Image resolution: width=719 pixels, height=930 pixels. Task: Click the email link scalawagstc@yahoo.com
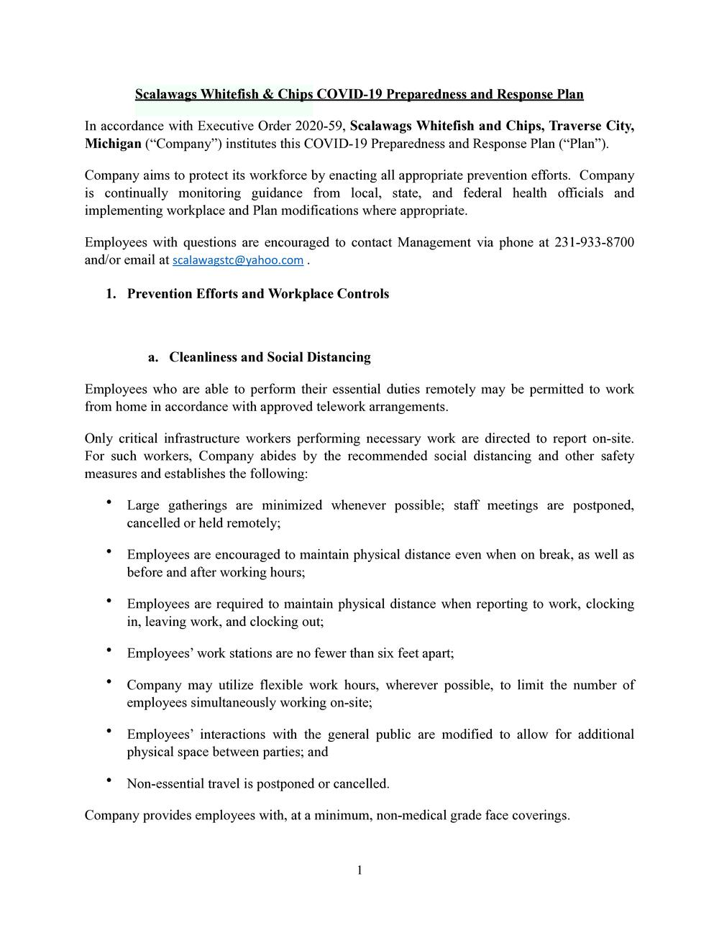[x=238, y=260]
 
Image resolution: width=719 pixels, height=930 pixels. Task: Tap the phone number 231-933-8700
[x=594, y=242]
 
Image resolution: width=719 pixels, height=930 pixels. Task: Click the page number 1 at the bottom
[x=359, y=871]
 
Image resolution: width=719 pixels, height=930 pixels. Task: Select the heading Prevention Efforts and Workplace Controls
[x=257, y=294]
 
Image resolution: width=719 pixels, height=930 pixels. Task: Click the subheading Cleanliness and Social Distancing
[x=270, y=357]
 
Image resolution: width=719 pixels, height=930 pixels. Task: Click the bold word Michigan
[x=113, y=144]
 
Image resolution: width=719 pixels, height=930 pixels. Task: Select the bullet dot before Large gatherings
[x=109, y=502]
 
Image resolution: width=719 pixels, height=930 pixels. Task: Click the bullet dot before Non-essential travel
[x=109, y=781]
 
